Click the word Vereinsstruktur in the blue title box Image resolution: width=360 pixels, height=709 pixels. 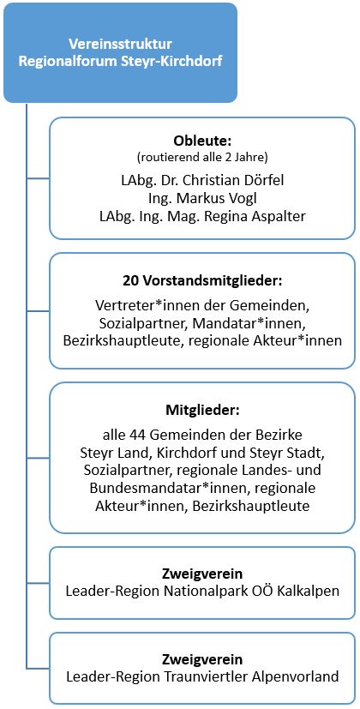[120, 44]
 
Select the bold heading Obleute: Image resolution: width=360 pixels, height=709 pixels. [202, 141]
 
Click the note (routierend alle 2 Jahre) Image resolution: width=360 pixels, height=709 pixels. [202, 158]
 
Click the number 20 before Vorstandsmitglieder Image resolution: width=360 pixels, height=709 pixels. [129, 281]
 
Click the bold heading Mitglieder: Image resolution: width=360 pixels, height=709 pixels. [202, 412]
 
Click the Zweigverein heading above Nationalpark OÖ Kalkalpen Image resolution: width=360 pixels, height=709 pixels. [202, 574]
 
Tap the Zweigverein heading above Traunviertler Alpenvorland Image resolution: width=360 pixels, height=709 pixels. [202, 660]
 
